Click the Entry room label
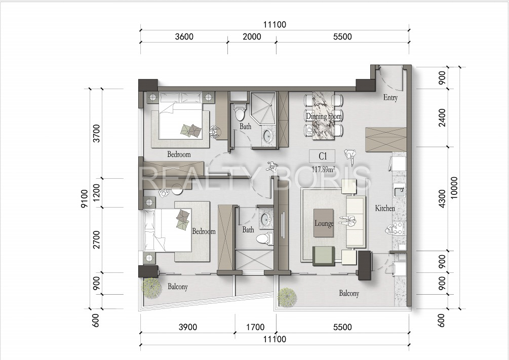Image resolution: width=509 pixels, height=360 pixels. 390,97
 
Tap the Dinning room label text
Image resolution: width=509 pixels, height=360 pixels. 324,116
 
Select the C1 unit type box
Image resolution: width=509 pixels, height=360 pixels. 322,156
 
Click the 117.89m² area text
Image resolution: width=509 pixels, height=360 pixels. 323,169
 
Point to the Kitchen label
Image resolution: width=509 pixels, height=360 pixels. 385,208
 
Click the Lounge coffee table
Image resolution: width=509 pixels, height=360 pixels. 324,223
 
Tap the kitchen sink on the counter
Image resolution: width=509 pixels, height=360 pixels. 399,190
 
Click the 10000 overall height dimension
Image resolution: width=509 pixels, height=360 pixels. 454,188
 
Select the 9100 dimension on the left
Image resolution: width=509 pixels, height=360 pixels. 85,198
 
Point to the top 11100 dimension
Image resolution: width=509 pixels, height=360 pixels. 275,25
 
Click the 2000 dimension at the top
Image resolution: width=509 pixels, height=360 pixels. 252,36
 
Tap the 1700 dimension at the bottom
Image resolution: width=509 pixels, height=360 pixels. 255,327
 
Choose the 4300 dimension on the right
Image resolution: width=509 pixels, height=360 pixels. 442,198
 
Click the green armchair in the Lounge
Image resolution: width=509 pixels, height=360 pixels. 324,256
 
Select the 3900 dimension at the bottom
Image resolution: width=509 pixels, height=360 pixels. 188,327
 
